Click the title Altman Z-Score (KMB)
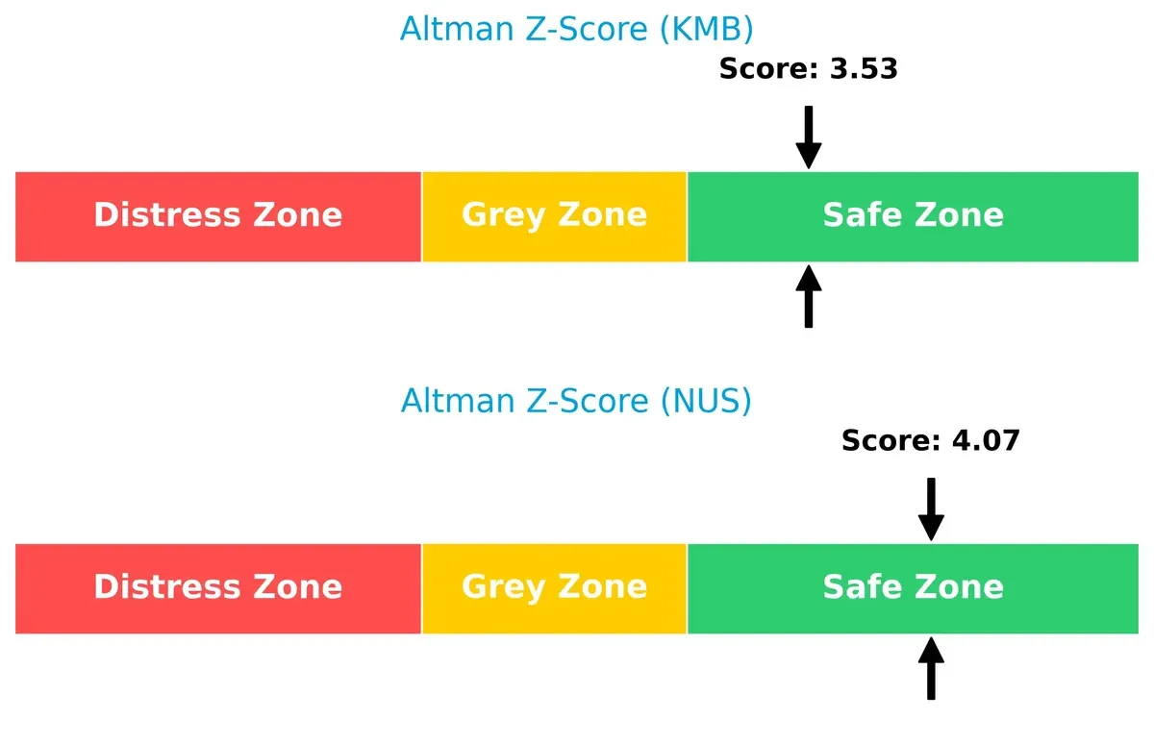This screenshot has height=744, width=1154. pos(576,29)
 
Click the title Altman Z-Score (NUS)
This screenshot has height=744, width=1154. pos(576,400)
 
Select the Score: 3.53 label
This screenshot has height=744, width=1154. pos(808,69)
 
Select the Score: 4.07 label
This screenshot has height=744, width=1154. pos(930,441)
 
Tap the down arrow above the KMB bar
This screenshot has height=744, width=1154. pos(809,136)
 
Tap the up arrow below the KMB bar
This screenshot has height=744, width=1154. pos(809,297)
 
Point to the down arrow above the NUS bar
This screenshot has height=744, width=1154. pos(931,508)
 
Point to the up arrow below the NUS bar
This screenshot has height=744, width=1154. pos(931,669)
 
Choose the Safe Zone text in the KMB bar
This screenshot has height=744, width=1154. pos(913,215)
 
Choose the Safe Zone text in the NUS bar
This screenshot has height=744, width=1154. pos(913,587)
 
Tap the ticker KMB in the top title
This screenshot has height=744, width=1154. pos(704,29)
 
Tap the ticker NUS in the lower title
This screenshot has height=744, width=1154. pos(704,400)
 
